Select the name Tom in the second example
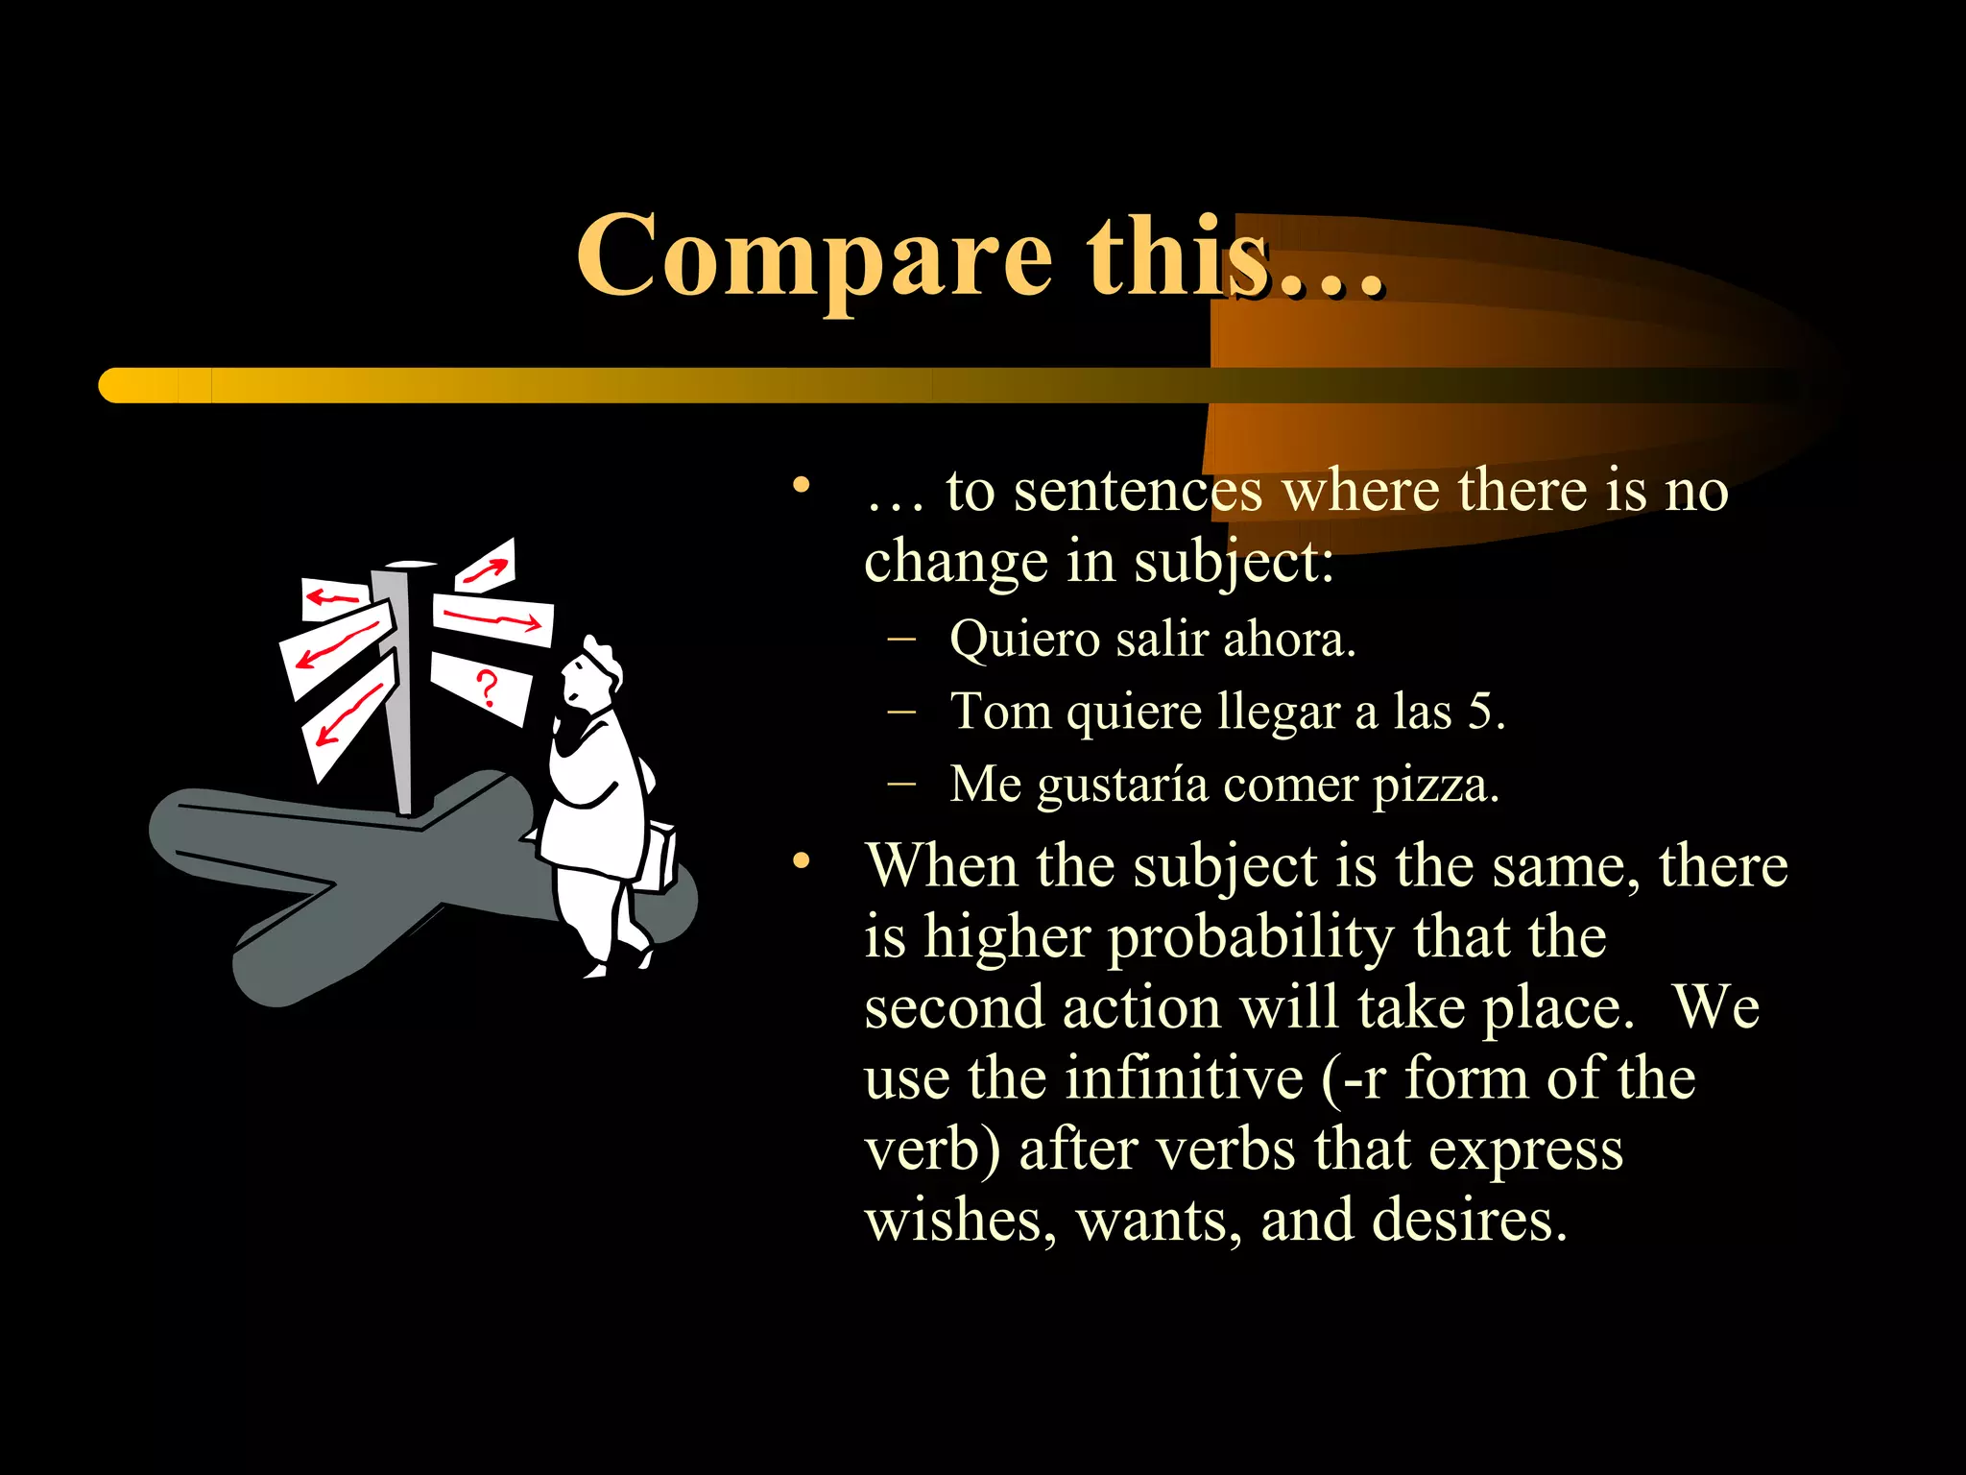click(x=1000, y=712)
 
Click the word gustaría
click(x=1122, y=786)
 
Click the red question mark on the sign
click(x=488, y=689)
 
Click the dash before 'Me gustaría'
click(x=901, y=783)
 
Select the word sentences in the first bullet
click(x=1138, y=491)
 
